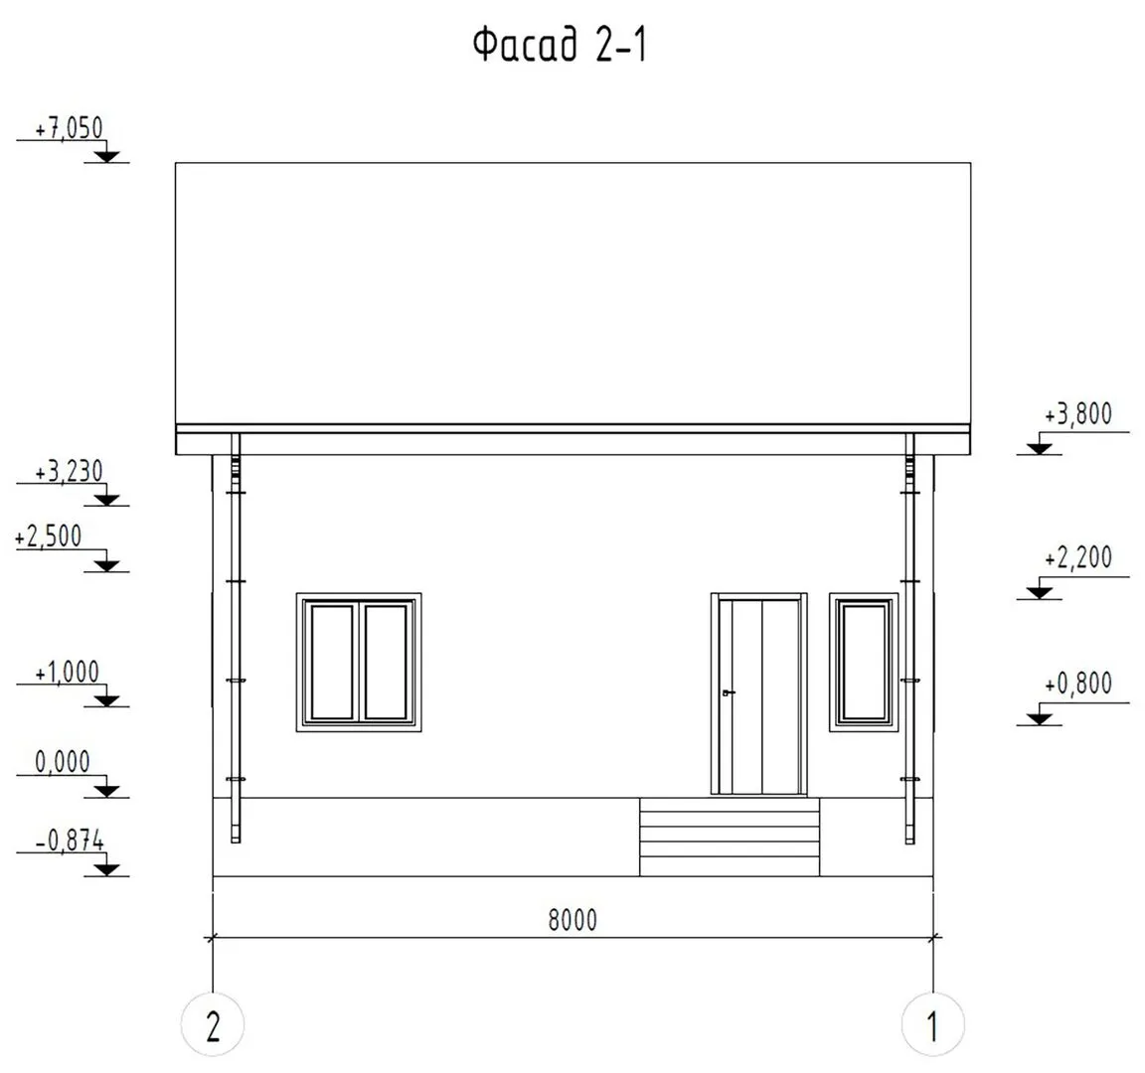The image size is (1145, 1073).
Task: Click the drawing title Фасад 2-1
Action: point(561,46)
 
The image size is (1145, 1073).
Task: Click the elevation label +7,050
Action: point(70,128)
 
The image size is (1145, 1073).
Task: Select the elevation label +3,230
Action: point(70,472)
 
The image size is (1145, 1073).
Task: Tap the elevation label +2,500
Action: point(48,536)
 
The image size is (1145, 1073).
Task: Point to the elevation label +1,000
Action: point(68,673)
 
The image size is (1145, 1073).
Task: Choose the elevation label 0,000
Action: point(63,762)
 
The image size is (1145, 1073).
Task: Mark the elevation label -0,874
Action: point(71,841)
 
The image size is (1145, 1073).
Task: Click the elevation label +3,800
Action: point(1078,414)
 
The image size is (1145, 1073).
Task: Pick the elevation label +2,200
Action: point(1078,558)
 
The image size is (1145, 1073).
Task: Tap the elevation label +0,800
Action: point(1078,685)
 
